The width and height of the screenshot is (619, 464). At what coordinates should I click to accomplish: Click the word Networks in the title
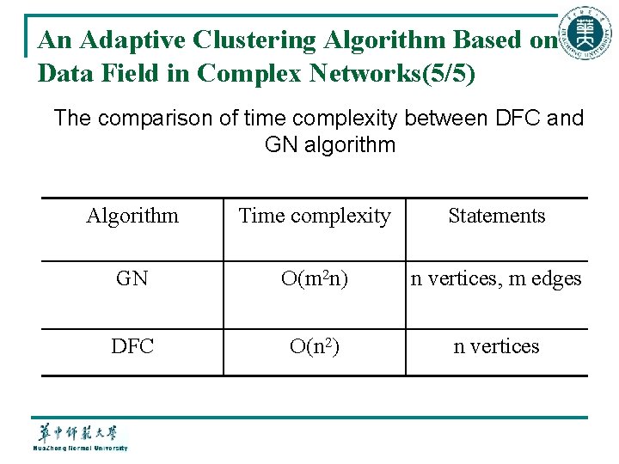[x=357, y=74]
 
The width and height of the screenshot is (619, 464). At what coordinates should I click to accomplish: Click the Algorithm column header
[x=132, y=216]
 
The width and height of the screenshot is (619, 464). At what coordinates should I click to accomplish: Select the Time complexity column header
[x=315, y=216]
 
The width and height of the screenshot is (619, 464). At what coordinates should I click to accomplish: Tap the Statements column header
[x=497, y=216]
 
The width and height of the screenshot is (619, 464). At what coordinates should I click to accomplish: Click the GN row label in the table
[x=132, y=278]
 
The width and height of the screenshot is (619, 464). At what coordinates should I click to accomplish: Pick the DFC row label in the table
[x=132, y=346]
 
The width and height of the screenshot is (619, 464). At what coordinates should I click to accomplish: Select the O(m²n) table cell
[x=315, y=278]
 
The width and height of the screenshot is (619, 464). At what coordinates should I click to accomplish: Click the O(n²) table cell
[x=315, y=346]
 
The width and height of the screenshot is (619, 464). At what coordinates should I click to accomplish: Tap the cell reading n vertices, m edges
[x=497, y=278]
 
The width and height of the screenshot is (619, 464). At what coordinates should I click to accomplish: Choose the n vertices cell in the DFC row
[x=497, y=346]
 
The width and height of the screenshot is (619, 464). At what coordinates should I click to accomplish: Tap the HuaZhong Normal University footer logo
[x=80, y=436]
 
